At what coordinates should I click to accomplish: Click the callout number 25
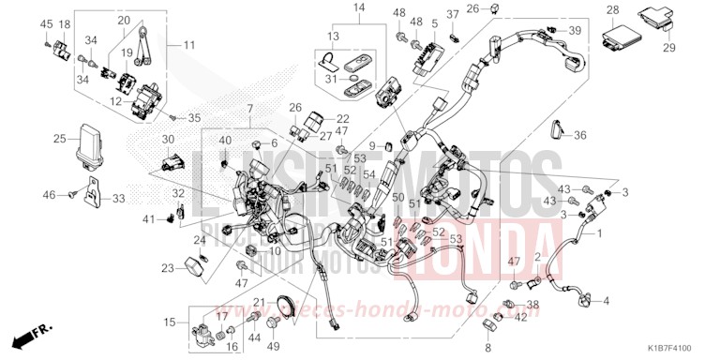pyautogui.click(x=59, y=140)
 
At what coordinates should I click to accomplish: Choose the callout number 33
pyautogui.click(x=118, y=199)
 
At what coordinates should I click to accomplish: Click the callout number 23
pyautogui.click(x=168, y=269)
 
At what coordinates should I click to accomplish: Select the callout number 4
pyautogui.click(x=607, y=300)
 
